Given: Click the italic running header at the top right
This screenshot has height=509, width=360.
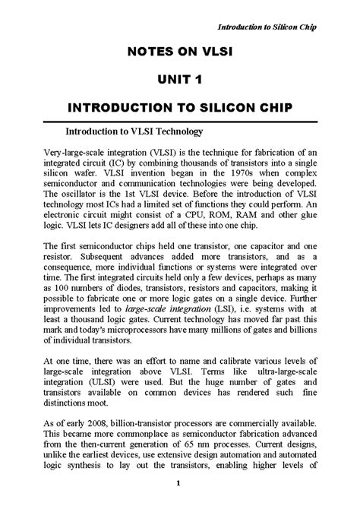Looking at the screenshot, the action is [267, 28].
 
